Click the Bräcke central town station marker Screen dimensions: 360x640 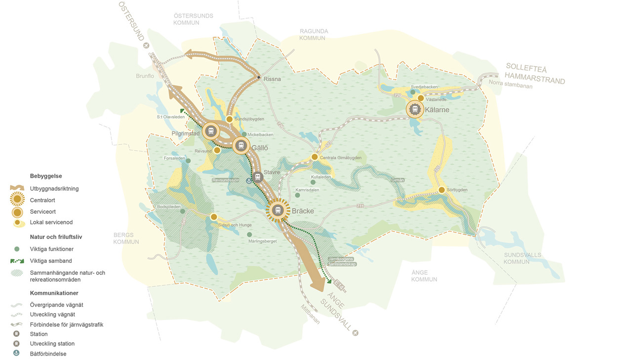[x=278, y=210]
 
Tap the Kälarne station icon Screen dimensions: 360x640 [x=415, y=109]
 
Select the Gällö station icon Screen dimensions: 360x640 [x=241, y=146]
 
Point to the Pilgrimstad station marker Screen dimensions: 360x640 [x=211, y=131]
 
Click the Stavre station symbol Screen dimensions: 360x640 [x=257, y=176]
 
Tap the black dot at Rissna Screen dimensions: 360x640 [x=258, y=78]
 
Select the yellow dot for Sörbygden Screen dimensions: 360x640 [x=441, y=190]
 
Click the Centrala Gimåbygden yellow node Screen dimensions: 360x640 [x=315, y=157]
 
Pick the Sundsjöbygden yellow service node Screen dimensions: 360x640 [x=230, y=119]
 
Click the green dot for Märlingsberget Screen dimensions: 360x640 [x=249, y=235]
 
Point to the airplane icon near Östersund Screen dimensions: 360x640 [x=146, y=45]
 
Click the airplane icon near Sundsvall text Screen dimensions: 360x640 [x=356, y=333]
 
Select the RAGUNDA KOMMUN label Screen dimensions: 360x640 [x=314, y=35]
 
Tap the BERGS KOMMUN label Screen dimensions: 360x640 [x=126, y=239]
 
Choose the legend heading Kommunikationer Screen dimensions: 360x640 [x=54, y=293]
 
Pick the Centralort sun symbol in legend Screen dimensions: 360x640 [x=17, y=200]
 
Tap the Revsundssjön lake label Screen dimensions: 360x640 [x=226, y=180]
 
